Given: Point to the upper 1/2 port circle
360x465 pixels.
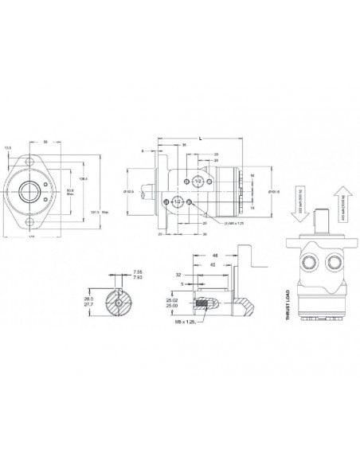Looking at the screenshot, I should (x=197, y=182).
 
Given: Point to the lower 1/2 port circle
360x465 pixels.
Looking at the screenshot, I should (x=178, y=203).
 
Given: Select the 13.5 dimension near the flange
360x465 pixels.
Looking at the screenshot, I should (x=8, y=147).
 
